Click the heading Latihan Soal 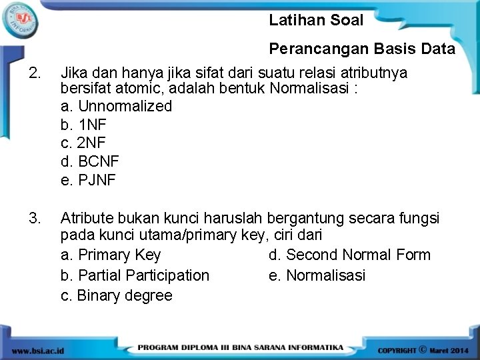point(316,21)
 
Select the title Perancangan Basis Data point(361,49)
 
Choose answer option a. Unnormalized point(116,107)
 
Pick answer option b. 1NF point(83,125)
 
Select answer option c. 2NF point(83,143)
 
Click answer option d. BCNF point(90,161)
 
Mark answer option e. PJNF point(88,180)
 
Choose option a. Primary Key point(111,255)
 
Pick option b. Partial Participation point(135,275)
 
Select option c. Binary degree point(116,295)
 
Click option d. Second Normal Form point(349,255)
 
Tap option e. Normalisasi point(317,275)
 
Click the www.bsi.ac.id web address point(38,349)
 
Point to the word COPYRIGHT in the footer point(397,349)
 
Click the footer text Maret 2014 point(450,349)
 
